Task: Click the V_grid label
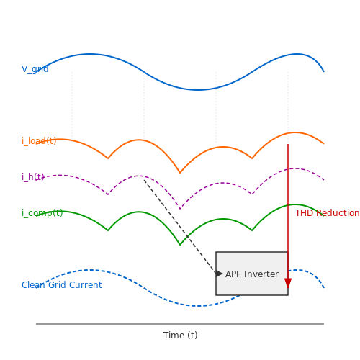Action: tap(35, 69)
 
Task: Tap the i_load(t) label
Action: tap(39, 141)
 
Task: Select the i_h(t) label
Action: tap(33, 177)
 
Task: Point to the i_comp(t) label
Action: tap(42, 213)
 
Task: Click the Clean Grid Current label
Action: tap(62, 285)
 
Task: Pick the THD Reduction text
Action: tap(327, 213)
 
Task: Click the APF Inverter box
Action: tap(252, 274)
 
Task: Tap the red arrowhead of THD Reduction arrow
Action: tap(288, 283)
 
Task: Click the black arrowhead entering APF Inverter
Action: tap(220, 274)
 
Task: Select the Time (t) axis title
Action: tap(181, 335)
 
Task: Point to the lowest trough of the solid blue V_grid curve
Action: tap(197, 90)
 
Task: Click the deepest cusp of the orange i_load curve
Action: tap(180, 173)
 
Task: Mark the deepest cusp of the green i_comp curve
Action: tap(180, 245)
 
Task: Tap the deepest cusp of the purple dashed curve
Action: tap(180, 209)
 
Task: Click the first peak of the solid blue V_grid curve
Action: tap(91, 54)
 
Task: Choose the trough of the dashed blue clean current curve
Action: tap(199, 306)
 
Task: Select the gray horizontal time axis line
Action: tap(180, 324)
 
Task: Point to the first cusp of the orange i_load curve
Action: tap(108, 158)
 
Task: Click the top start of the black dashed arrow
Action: tap(144, 180)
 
